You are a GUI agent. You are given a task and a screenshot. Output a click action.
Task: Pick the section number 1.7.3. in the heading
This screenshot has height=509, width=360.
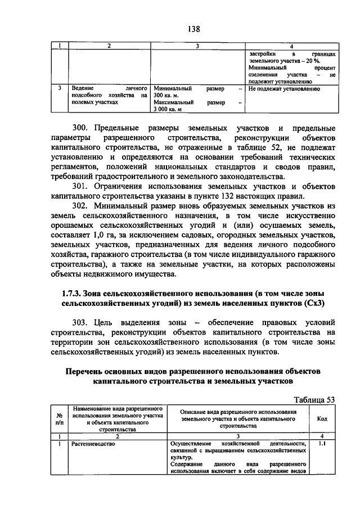click(70, 293)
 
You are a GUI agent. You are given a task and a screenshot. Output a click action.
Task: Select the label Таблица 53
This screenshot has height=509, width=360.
click(314, 399)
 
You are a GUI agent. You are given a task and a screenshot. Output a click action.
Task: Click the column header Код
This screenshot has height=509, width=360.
click(322, 418)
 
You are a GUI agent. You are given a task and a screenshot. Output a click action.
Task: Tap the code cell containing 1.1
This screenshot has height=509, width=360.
click(322, 444)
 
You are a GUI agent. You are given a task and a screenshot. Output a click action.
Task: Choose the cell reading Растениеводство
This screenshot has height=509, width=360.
click(93, 444)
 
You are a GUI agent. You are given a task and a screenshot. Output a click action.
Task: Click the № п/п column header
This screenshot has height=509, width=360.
click(60, 418)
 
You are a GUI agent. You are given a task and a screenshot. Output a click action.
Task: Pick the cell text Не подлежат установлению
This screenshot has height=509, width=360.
click(283, 89)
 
